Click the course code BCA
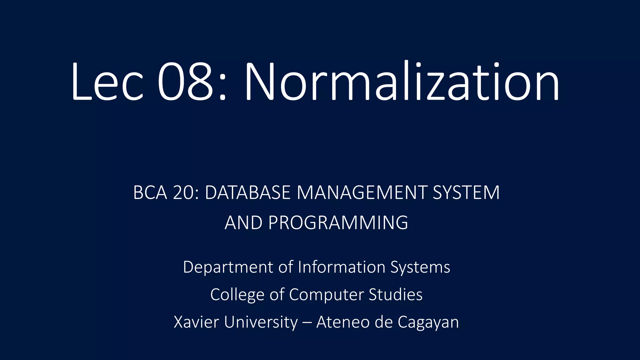click(150, 192)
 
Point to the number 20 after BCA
click(185, 192)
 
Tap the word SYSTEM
click(466, 192)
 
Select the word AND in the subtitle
click(243, 223)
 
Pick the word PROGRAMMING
click(338, 223)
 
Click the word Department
click(228, 267)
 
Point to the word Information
click(342, 267)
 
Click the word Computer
click(325, 295)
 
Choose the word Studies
click(396, 294)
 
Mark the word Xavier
click(196, 322)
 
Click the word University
click(261, 322)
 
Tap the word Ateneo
click(343, 322)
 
